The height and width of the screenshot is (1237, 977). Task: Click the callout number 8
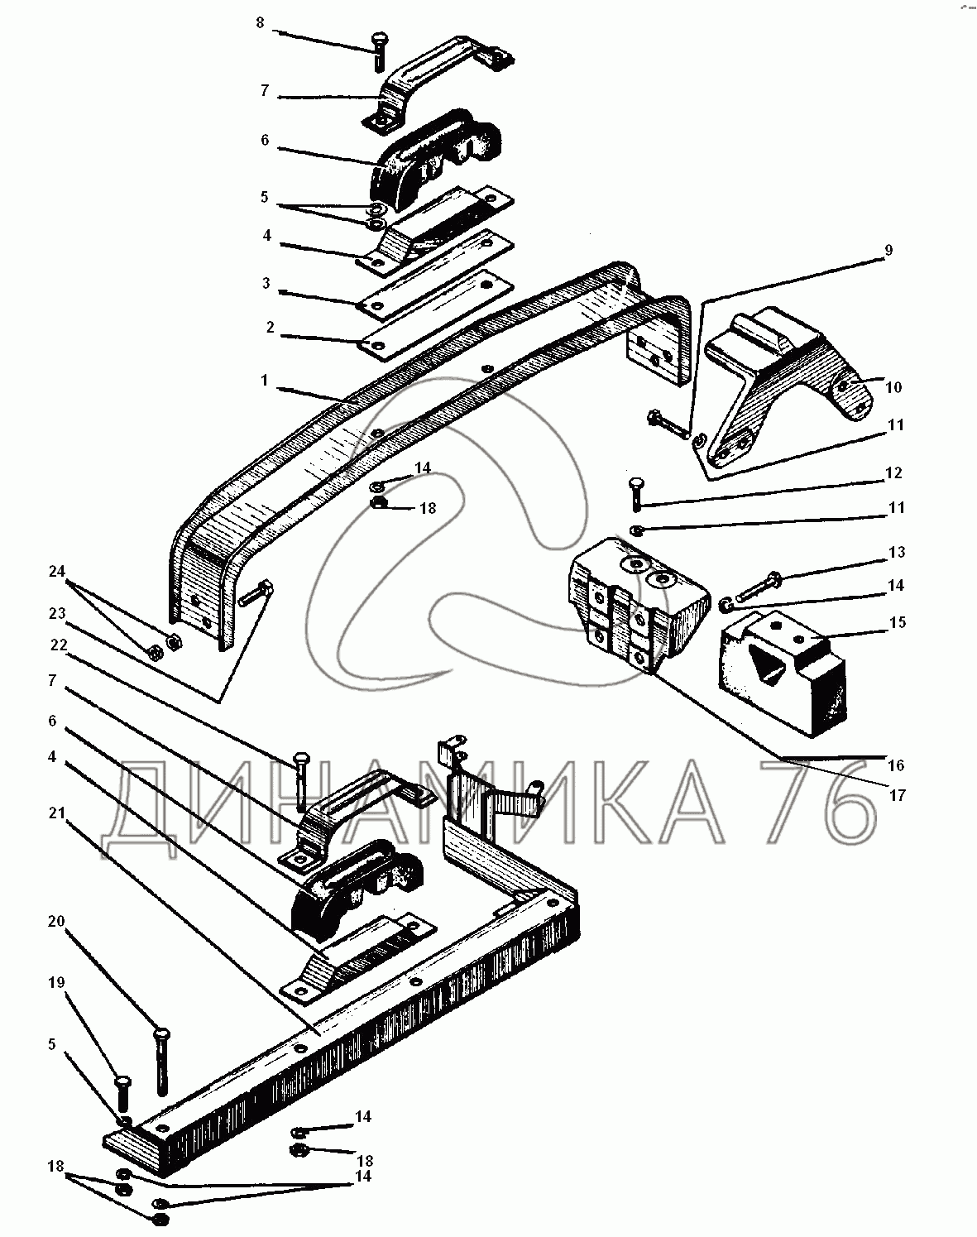click(260, 23)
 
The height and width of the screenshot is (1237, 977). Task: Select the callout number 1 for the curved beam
click(264, 381)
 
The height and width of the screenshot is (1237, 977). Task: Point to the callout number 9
click(888, 251)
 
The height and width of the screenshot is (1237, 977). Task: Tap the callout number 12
click(893, 473)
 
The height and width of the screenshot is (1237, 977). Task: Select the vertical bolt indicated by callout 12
click(635, 494)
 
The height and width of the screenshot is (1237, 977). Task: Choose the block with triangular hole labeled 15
click(783, 673)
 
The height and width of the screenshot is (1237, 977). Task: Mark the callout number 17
click(897, 795)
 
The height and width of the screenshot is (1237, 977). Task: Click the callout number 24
click(57, 572)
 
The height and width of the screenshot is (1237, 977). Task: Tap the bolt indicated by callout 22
click(302, 780)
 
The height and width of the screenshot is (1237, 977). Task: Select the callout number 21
click(56, 813)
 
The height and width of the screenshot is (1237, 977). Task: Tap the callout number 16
click(896, 765)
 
